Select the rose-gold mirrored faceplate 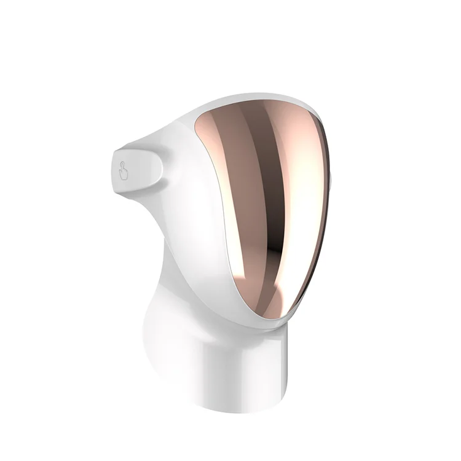coord(264,203)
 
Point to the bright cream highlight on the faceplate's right coord(301,184)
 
